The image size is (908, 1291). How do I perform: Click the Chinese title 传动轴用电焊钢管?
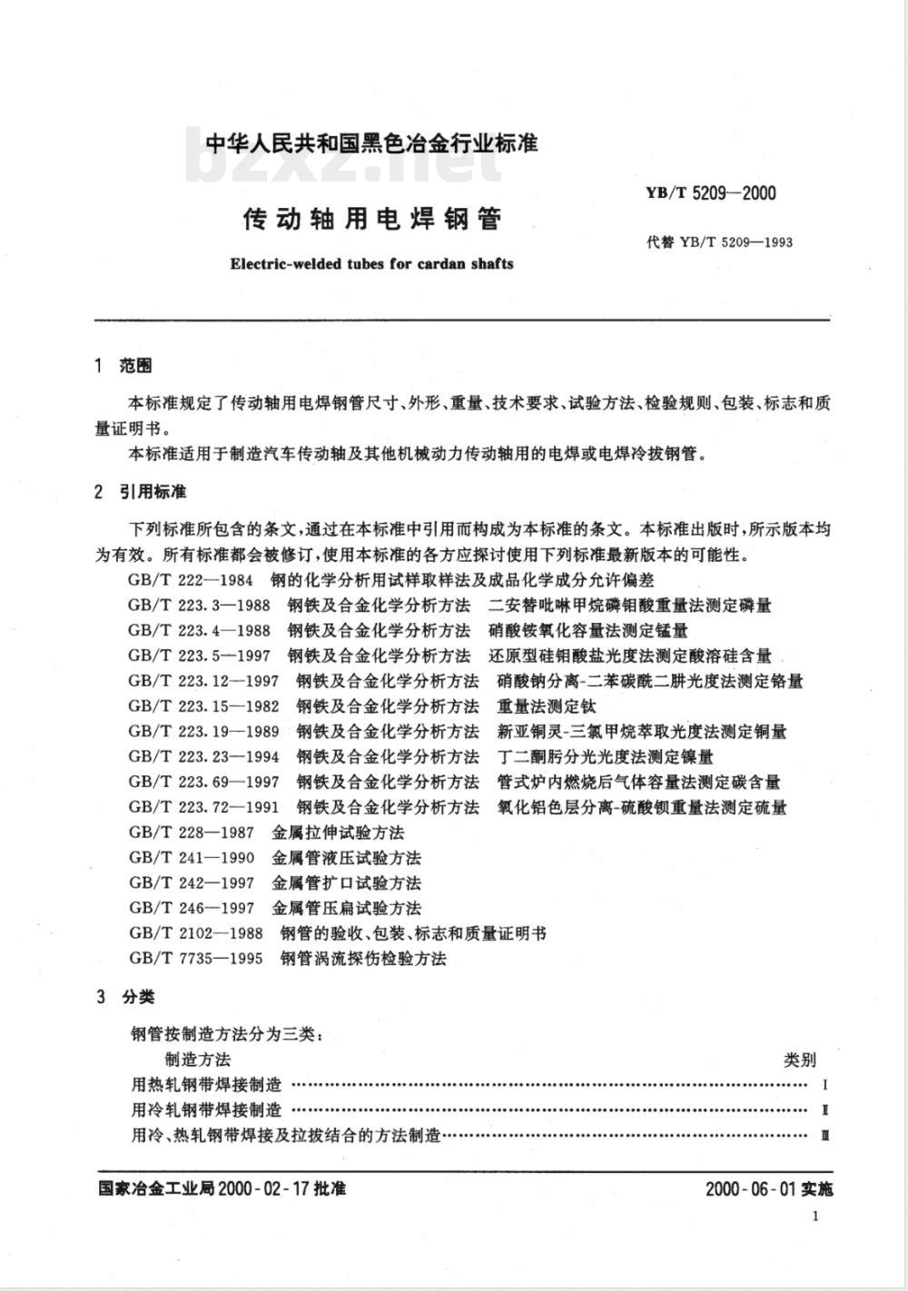(372, 219)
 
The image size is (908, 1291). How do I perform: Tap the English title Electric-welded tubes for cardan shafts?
(372, 264)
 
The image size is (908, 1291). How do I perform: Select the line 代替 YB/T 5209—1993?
(719, 242)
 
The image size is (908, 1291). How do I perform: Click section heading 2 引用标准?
(141, 492)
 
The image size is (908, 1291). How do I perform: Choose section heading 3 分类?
(125, 997)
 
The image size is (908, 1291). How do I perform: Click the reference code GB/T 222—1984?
(192, 579)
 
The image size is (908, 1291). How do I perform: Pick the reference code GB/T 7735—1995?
(197, 959)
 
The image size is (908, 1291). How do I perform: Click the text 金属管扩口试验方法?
(347, 883)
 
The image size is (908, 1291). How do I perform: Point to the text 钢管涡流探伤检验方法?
(363, 959)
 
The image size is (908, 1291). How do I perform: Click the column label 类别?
(800, 1059)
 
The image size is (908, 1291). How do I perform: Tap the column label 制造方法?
(198, 1059)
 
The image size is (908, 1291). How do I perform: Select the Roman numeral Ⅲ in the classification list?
(824, 1136)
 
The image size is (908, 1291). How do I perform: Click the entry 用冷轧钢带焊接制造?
(207, 1110)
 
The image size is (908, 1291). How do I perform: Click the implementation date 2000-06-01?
(749, 1189)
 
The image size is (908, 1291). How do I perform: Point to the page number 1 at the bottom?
(815, 1217)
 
